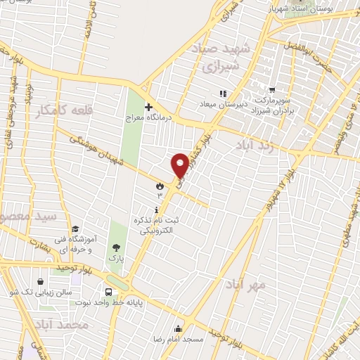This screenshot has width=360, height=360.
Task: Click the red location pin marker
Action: tap(180, 165)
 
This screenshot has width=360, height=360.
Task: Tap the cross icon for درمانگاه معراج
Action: tap(148, 107)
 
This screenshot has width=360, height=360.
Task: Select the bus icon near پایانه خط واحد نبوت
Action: tap(109, 292)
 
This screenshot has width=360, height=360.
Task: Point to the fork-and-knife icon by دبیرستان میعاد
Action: tap(223, 94)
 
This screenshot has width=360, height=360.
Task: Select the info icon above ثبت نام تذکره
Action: tap(155, 210)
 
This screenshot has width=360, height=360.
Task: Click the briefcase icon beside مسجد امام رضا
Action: tap(178, 328)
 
